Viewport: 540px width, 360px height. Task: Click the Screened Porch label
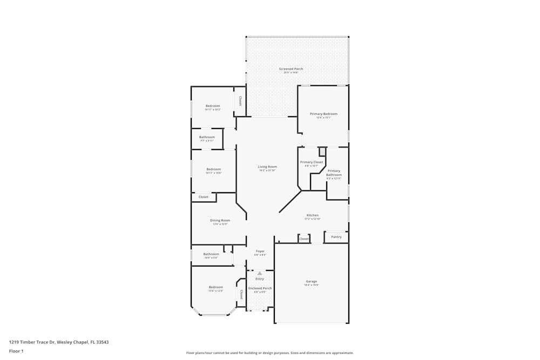pyautogui.click(x=291, y=69)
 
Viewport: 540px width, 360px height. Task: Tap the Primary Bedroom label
pyautogui.click(x=323, y=114)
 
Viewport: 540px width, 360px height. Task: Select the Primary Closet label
pyautogui.click(x=312, y=162)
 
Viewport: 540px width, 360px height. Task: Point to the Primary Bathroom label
pyautogui.click(x=334, y=173)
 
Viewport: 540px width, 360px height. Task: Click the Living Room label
pyautogui.click(x=267, y=167)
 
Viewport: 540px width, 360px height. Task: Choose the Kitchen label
pyautogui.click(x=313, y=215)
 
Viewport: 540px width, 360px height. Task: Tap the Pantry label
pyautogui.click(x=336, y=237)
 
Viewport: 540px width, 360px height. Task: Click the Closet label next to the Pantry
pyautogui.click(x=304, y=239)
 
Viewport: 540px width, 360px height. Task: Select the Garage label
pyautogui.click(x=312, y=281)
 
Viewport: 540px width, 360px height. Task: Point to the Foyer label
pyautogui.click(x=260, y=252)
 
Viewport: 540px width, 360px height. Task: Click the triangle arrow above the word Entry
pyautogui.click(x=260, y=274)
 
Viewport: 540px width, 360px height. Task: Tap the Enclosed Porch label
pyautogui.click(x=260, y=288)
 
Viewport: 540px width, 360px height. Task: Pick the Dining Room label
pyautogui.click(x=220, y=220)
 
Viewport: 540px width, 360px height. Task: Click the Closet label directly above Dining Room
pyautogui.click(x=204, y=197)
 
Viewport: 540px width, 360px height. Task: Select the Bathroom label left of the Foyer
pyautogui.click(x=211, y=254)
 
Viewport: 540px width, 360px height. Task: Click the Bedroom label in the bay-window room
pyautogui.click(x=216, y=287)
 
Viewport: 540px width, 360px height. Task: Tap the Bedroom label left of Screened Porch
pyautogui.click(x=213, y=106)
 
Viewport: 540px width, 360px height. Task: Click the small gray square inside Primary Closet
pyautogui.click(x=322, y=152)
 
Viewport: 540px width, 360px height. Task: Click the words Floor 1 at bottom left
pyautogui.click(x=16, y=351)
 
